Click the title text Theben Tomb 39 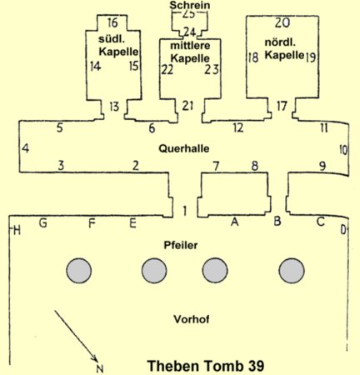tap(206, 366)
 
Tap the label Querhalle tap(184, 148)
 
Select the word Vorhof tap(192, 319)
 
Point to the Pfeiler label tap(181, 245)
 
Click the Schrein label tap(190, 5)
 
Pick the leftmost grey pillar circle tap(79, 271)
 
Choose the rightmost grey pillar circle tap(292, 271)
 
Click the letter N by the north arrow tap(100, 369)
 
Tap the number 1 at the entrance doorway tap(184, 211)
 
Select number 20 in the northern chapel tap(282, 23)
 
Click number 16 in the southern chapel tap(112, 22)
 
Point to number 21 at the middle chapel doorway tap(187, 106)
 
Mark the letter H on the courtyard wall tap(17, 230)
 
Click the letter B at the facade tap(277, 221)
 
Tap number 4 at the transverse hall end tap(25, 148)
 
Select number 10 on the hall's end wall tap(343, 150)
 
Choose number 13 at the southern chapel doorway tap(114, 107)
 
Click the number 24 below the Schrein tap(190, 32)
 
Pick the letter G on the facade tap(42, 222)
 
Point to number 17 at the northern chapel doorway tap(282, 106)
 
